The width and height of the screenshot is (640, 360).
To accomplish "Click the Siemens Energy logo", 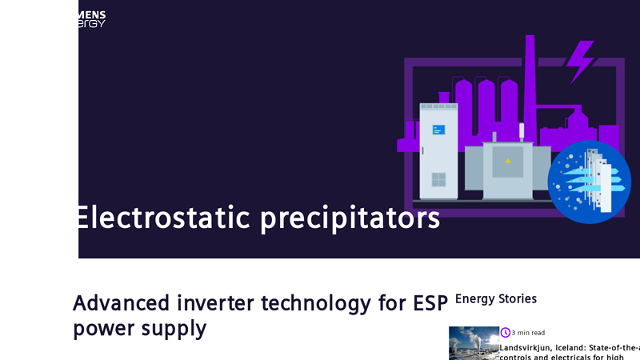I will [91, 19].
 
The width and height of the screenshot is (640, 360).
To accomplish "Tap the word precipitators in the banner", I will [350, 218].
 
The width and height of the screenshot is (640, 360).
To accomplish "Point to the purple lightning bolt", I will [580, 61].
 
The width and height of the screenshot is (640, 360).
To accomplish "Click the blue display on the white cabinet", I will [438, 130].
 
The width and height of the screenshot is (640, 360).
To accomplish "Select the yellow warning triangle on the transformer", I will [507, 161].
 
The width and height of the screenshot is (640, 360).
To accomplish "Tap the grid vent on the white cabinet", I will [438, 179].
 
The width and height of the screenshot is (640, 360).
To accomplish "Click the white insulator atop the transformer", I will [522, 130].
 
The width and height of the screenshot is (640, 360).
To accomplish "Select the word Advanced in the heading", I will [121, 303].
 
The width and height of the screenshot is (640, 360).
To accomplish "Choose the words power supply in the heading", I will [139, 328].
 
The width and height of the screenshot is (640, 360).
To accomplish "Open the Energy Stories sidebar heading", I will [495, 299].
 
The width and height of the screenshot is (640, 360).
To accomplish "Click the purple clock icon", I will [506, 333].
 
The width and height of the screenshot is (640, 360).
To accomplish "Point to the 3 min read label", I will [528, 333].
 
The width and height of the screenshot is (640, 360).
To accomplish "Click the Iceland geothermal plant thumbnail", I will [474, 343].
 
